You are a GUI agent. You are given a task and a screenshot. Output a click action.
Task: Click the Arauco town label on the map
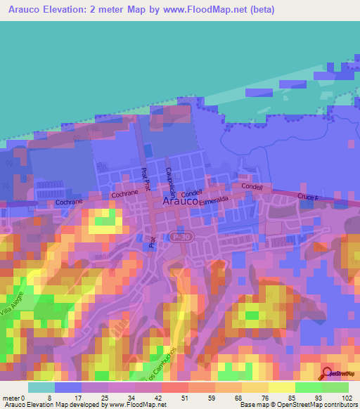tap(179, 200)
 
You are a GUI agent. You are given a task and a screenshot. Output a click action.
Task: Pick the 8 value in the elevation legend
tap(49, 398)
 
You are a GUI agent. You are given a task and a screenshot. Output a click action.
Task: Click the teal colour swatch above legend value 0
tap(42, 387)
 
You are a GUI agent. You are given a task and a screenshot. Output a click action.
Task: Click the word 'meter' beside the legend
tap(13, 398)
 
